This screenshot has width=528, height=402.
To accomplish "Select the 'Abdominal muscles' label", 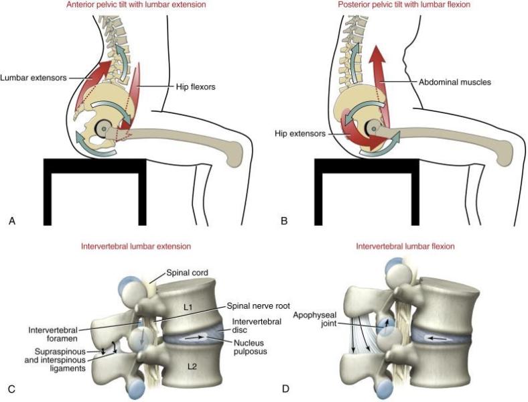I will [x=456, y=82].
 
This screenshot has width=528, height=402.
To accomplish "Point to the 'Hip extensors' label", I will [x=302, y=134].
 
